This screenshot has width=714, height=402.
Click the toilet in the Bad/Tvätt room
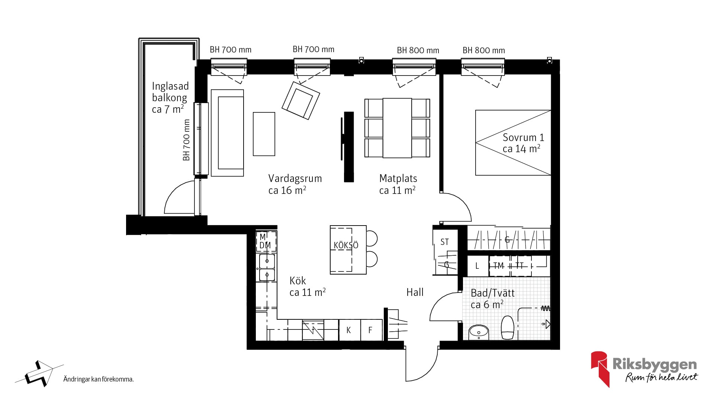tap(508, 328)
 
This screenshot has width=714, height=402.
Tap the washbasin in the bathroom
tap(479, 332)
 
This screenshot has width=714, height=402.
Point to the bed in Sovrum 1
tap(513, 143)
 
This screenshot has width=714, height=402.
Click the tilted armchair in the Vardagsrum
tap(301, 100)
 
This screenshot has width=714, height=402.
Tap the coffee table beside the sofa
tap(264, 134)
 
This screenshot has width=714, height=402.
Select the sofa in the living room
tap(227, 133)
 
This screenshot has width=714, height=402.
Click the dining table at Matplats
tap(397, 128)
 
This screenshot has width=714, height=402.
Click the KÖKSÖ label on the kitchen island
tap(346, 245)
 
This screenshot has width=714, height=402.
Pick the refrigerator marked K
tap(350, 330)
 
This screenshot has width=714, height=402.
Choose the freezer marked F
tap(372, 330)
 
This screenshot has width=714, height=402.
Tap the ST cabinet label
tap(445, 242)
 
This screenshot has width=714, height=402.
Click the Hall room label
tap(415, 292)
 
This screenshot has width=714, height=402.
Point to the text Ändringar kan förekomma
tap(99, 379)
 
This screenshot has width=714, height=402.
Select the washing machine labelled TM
tap(499, 266)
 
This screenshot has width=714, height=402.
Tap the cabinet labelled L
tap(477, 266)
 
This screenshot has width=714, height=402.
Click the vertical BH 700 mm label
tap(186, 140)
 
